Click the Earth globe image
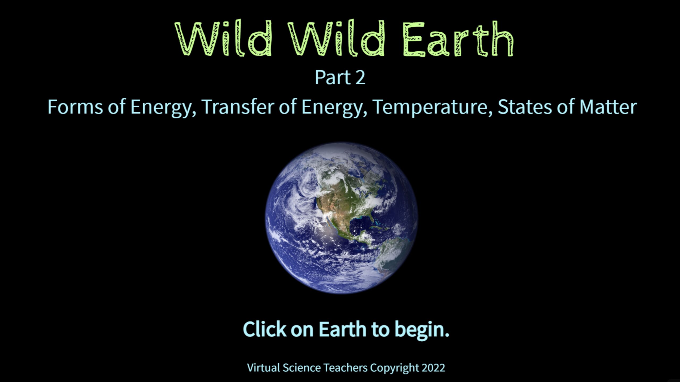(342, 218)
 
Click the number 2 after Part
(360, 77)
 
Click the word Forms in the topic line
(75, 107)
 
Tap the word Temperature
(432, 107)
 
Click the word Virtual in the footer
(263, 368)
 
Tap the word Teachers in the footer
(346, 368)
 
